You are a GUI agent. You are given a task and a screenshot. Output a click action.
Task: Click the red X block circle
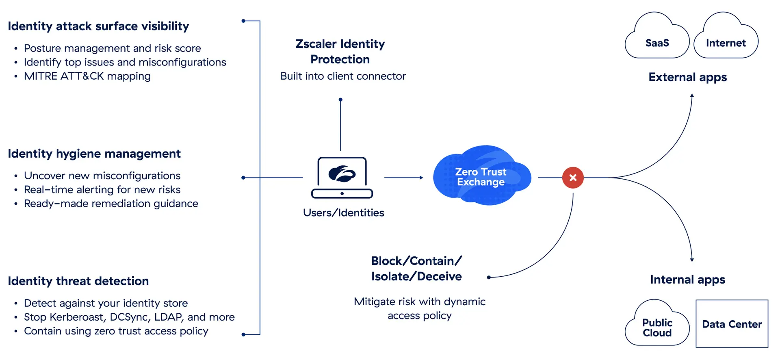click(x=573, y=178)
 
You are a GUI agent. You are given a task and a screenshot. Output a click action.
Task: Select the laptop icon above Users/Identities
click(x=342, y=177)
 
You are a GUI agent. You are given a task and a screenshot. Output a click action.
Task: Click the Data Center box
click(x=732, y=324)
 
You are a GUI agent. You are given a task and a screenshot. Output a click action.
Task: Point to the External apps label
click(x=687, y=77)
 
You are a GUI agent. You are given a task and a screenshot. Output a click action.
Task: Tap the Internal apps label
click(x=687, y=280)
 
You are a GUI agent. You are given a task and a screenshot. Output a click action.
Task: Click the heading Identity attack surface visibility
click(x=98, y=26)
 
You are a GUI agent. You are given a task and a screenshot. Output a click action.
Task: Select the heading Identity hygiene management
click(x=94, y=154)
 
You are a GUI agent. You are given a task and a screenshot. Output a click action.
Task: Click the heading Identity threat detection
click(x=78, y=281)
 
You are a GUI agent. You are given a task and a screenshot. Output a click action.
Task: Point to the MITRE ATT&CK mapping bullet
click(x=87, y=76)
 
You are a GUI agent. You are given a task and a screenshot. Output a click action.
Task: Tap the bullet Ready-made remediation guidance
click(x=111, y=204)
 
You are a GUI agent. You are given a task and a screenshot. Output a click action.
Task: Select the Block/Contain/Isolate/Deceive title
click(x=416, y=269)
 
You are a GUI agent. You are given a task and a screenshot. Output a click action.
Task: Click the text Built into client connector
click(x=343, y=76)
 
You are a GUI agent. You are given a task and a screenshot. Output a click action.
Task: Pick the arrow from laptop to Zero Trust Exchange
click(x=403, y=178)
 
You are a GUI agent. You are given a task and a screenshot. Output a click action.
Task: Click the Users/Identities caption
click(x=343, y=213)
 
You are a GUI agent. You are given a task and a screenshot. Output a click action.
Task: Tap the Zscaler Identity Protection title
click(x=340, y=52)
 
